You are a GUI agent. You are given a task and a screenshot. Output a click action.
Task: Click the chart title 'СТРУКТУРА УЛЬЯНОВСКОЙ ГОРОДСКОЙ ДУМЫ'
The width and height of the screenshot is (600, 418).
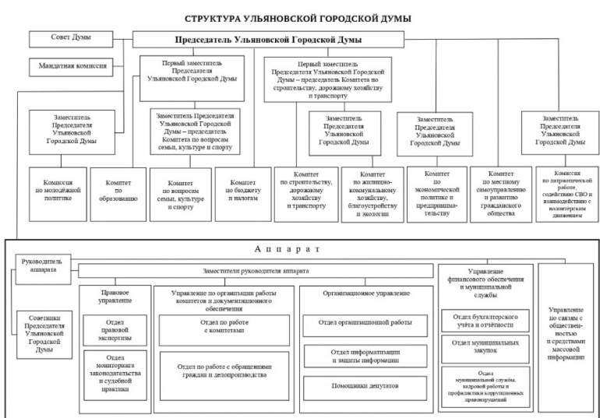point(299,15)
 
